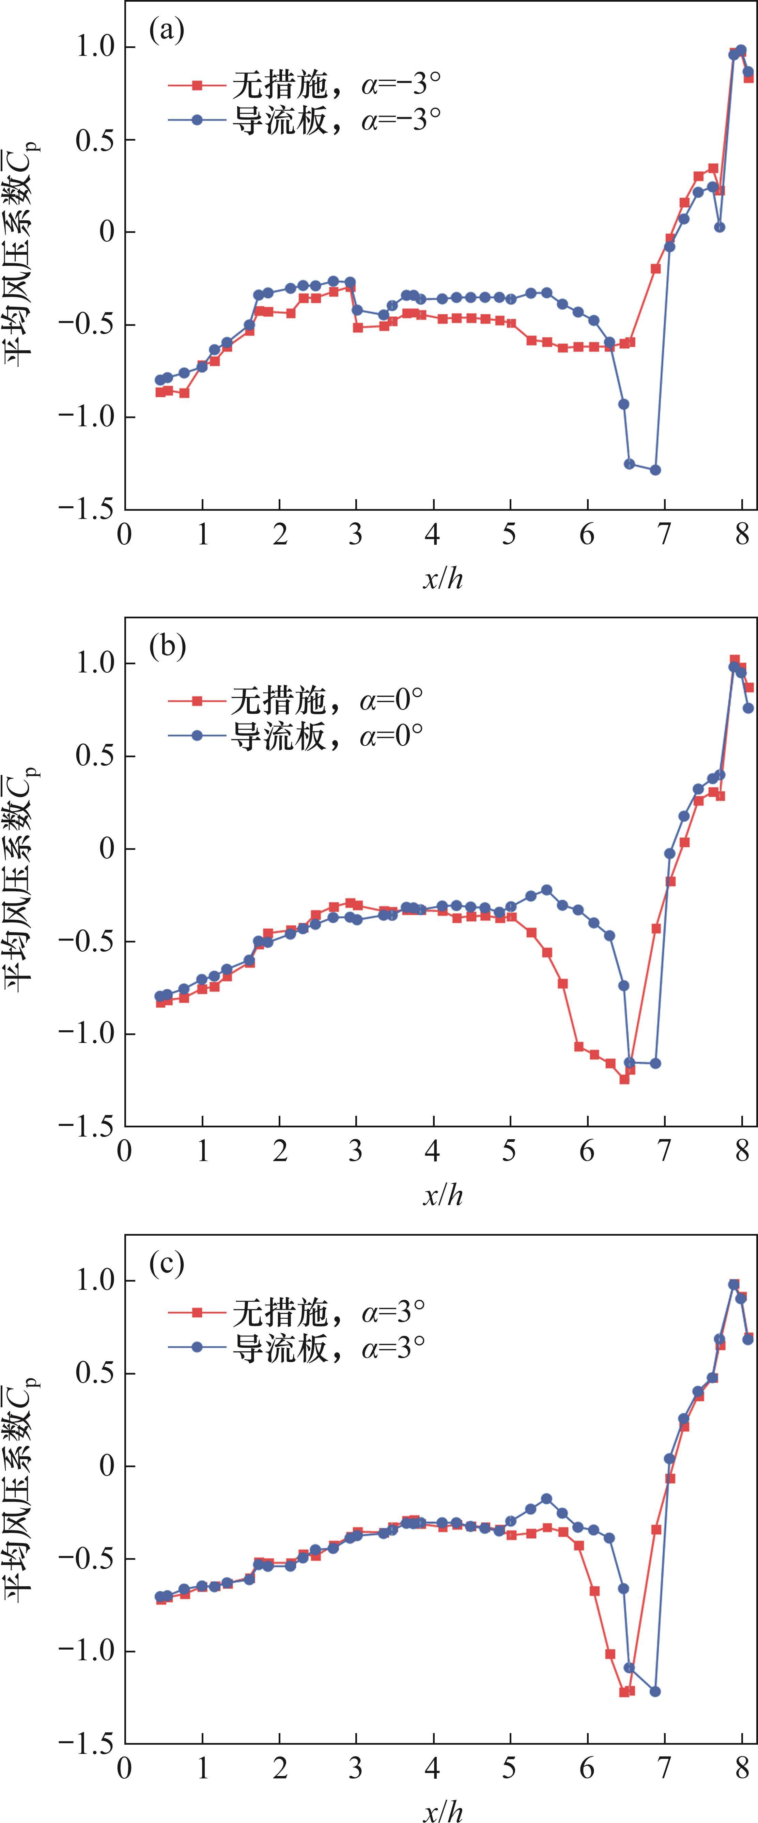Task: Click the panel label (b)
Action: [x=167, y=648]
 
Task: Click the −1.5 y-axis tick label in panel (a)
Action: [x=85, y=509]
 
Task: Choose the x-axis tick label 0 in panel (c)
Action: [x=125, y=1768]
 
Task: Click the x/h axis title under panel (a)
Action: [x=443, y=579]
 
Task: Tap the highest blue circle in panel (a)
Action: [x=741, y=50]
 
